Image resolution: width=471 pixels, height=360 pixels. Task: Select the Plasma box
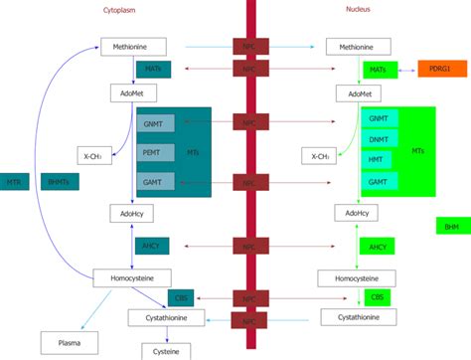(x=69, y=344)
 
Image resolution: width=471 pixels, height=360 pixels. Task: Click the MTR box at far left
(x=13, y=182)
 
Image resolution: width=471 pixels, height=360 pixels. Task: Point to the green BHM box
(x=452, y=226)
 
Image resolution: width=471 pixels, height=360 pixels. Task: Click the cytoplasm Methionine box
(x=132, y=46)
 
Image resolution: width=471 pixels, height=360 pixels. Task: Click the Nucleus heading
(x=359, y=10)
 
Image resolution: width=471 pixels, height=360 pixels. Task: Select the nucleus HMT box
(x=379, y=160)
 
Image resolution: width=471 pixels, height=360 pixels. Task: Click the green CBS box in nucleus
(x=378, y=297)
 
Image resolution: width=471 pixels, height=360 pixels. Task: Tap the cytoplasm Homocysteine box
(x=132, y=277)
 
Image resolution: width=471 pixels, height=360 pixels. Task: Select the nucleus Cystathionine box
(x=358, y=317)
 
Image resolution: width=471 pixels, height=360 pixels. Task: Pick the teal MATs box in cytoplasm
(x=153, y=70)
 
